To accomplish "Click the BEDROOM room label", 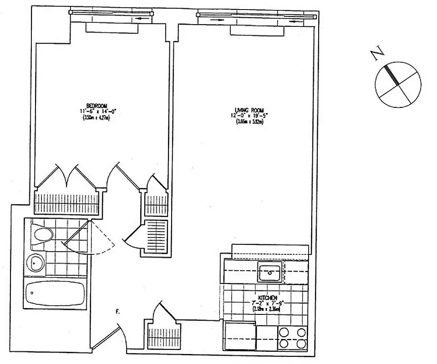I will tap(96, 106).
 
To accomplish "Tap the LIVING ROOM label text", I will tap(249, 110).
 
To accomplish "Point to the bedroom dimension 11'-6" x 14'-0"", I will tap(96, 111).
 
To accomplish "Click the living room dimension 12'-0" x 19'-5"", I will tap(249, 116).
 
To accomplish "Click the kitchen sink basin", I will tap(270, 273).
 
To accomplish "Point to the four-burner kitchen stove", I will tap(292, 338).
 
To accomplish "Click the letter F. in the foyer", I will tap(118, 312).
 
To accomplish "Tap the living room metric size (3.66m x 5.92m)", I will tap(249, 121).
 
